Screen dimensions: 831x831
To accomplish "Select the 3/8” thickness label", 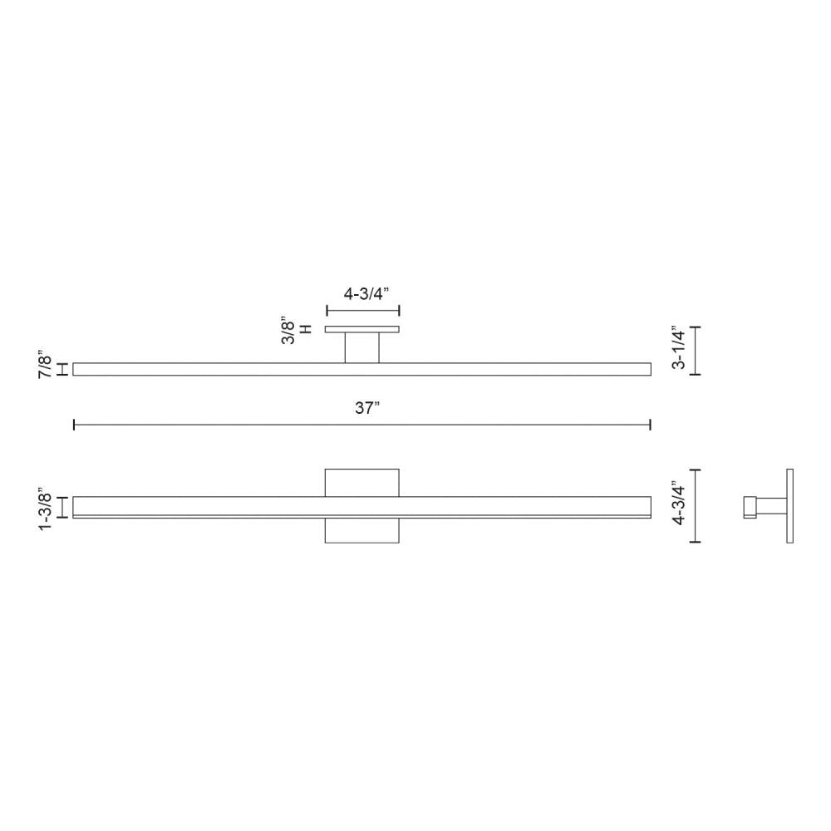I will click(x=288, y=330).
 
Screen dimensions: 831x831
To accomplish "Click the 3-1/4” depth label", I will click(x=679, y=349).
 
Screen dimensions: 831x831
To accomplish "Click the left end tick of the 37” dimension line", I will click(x=75, y=425).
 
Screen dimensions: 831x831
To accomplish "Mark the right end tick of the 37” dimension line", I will click(x=650, y=425).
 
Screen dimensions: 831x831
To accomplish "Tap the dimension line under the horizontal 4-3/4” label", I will click(x=363, y=311).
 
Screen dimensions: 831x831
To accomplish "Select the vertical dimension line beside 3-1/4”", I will click(x=696, y=351).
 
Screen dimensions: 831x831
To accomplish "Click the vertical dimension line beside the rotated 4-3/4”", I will click(x=696, y=506).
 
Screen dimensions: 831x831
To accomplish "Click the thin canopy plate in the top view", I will click(x=361, y=330).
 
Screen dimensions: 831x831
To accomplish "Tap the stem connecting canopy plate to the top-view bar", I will click(x=362, y=347).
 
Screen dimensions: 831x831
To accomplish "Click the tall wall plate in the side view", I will click(x=789, y=506).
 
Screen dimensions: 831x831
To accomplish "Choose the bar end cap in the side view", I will click(x=749, y=507).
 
